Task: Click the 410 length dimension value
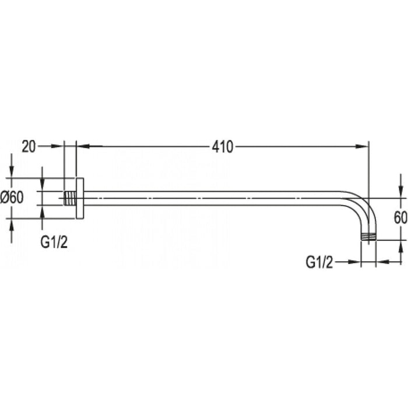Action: tap(222, 147)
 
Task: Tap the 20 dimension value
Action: tap(29, 146)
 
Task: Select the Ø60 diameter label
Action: tap(12, 198)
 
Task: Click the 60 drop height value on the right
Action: tap(400, 219)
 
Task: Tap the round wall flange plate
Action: tap(80, 198)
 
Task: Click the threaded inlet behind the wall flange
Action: tap(69, 198)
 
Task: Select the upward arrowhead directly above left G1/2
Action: tap(43, 212)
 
